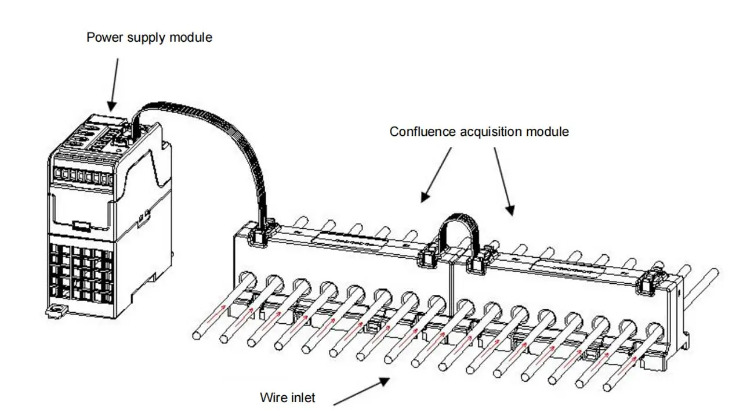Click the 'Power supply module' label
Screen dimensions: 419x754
pos(149,38)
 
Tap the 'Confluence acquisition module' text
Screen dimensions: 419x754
pos(478,132)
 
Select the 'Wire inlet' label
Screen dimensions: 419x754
pos(288,398)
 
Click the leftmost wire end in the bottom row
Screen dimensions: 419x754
pos(197,335)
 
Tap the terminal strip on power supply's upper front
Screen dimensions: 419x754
pos(81,174)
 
